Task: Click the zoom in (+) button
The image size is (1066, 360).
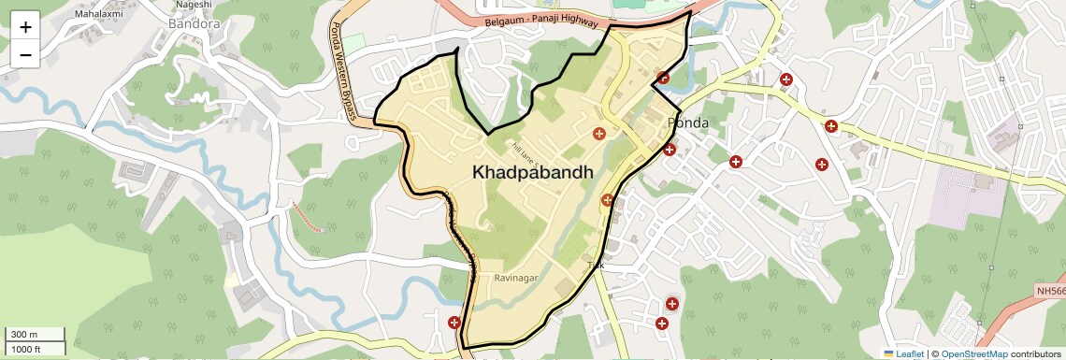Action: click(25, 27)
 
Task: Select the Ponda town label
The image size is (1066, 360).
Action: click(687, 123)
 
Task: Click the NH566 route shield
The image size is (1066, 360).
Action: click(1050, 292)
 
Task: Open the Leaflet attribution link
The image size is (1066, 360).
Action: click(903, 353)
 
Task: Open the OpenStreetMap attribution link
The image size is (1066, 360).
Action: click(973, 353)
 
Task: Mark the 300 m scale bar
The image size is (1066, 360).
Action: click(33, 335)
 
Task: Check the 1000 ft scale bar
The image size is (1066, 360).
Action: click(33, 349)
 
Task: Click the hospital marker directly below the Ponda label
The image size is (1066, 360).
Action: click(669, 150)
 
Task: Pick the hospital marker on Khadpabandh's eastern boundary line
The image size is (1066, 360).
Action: click(607, 199)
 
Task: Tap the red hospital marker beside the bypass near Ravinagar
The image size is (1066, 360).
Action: click(454, 323)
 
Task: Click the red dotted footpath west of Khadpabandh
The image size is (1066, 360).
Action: click(308, 215)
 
